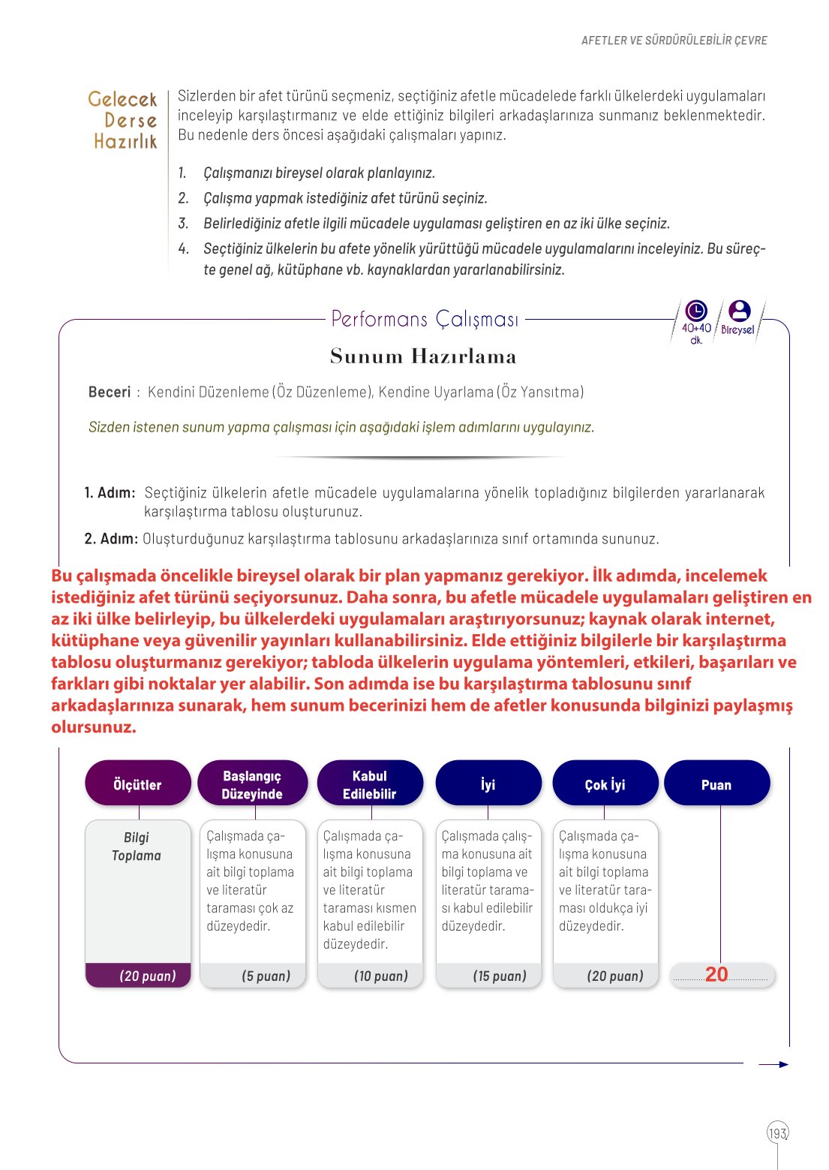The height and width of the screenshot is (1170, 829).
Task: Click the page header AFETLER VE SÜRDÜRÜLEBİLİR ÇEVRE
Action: pos(674,41)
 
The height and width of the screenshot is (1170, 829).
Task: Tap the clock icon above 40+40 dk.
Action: pos(696,311)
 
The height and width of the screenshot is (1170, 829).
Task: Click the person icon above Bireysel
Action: pos(739,311)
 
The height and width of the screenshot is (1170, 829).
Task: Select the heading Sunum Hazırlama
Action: pos(423,356)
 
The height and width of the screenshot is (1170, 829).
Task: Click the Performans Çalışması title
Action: pos(425,319)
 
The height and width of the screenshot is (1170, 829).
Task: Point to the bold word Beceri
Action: pos(110,392)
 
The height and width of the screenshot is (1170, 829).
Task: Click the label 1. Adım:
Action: pos(110,493)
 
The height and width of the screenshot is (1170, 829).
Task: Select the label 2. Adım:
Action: pos(111,539)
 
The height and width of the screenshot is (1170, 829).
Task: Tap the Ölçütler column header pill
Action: pos(138,784)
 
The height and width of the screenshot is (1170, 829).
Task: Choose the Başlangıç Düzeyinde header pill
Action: pos(252,784)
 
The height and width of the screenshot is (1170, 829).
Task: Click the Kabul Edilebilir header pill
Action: pos(370,784)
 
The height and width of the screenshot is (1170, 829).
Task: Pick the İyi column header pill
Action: pos(488,784)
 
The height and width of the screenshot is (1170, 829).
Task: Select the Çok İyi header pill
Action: pos(605,784)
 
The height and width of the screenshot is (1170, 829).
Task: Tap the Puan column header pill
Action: pos(716,784)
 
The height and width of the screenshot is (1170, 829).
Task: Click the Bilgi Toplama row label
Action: pos(137,847)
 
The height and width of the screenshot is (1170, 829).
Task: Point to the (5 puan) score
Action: pos(266,976)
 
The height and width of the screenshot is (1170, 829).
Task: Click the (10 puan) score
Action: pos(381,976)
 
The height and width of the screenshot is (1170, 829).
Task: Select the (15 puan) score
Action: pos(500,976)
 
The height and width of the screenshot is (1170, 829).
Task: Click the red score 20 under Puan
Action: pos(716,974)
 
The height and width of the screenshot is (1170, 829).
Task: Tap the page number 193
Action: pos(778,1132)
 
